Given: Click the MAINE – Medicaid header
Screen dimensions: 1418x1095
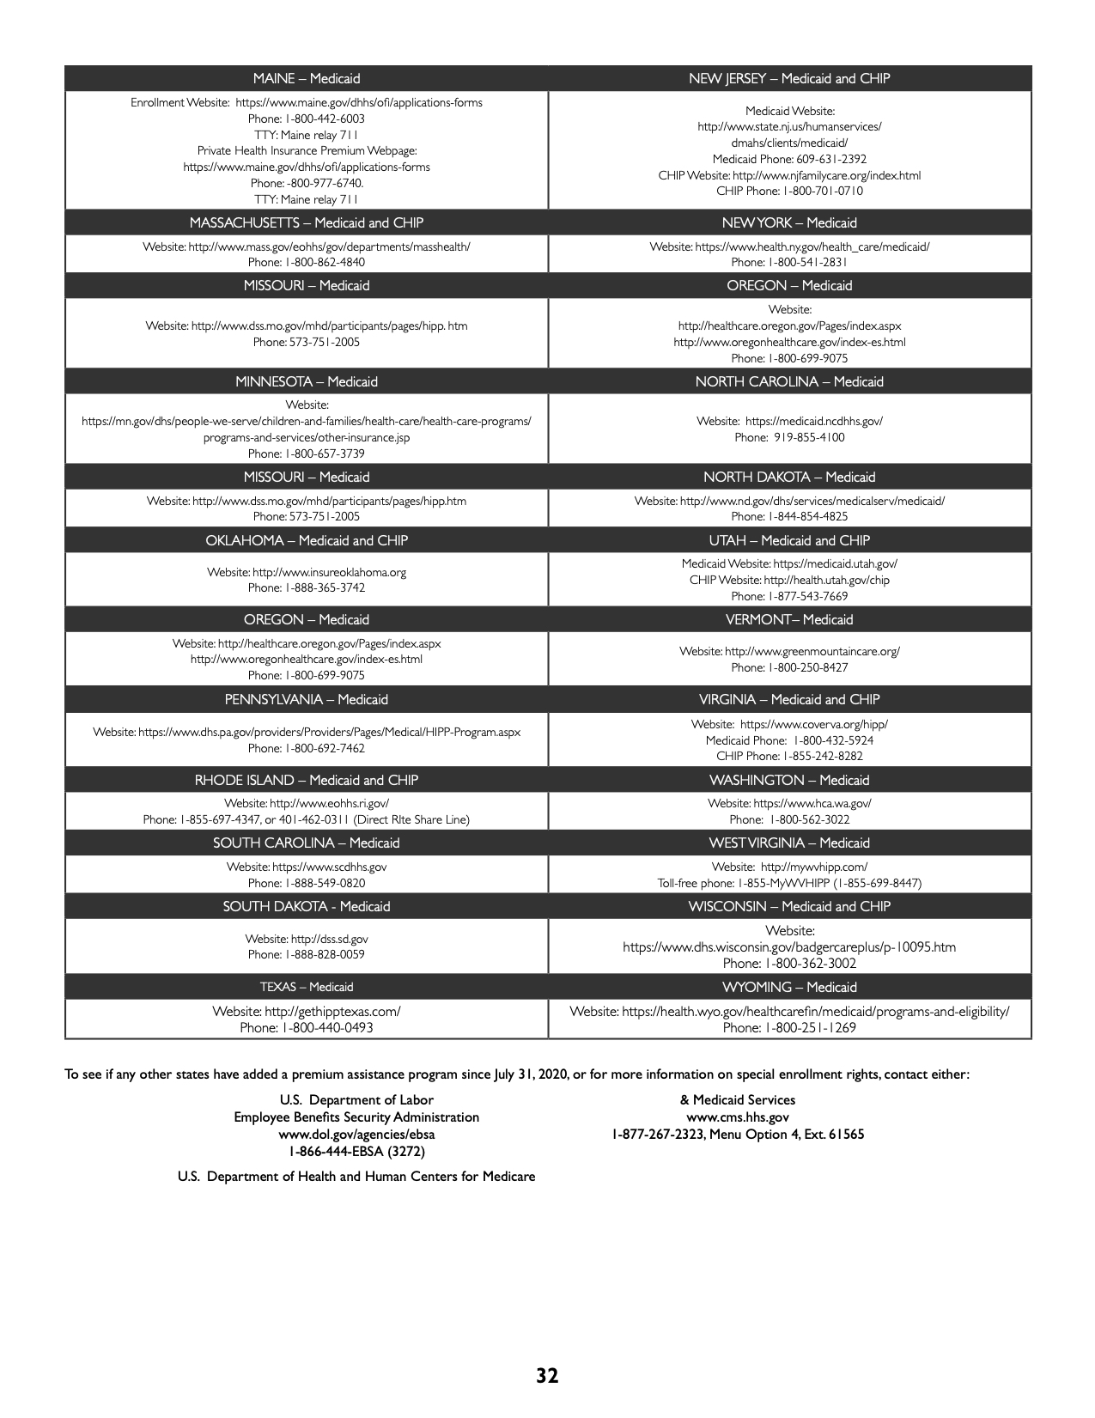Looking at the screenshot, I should [307, 79].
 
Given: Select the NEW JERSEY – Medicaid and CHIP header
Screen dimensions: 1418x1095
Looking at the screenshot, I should [789, 79].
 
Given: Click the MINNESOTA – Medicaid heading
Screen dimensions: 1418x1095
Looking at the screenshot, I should [307, 381].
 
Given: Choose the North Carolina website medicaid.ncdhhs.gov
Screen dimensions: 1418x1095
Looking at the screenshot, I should [813, 422].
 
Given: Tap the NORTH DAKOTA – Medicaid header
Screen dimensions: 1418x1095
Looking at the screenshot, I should [789, 477].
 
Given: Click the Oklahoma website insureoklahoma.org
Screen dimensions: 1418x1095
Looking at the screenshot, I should [329, 572].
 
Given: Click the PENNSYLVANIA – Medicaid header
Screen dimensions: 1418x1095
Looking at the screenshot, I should [307, 699].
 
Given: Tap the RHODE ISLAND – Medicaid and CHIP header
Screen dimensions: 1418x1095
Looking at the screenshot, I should [307, 780].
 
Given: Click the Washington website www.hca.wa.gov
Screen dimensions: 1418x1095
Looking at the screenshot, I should [812, 803].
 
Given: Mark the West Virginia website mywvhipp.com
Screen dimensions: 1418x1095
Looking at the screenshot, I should [813, 867].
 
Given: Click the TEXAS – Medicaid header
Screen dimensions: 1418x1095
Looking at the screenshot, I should [307, 987].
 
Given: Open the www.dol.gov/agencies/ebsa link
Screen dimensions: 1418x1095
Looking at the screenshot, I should [356, 1135].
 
